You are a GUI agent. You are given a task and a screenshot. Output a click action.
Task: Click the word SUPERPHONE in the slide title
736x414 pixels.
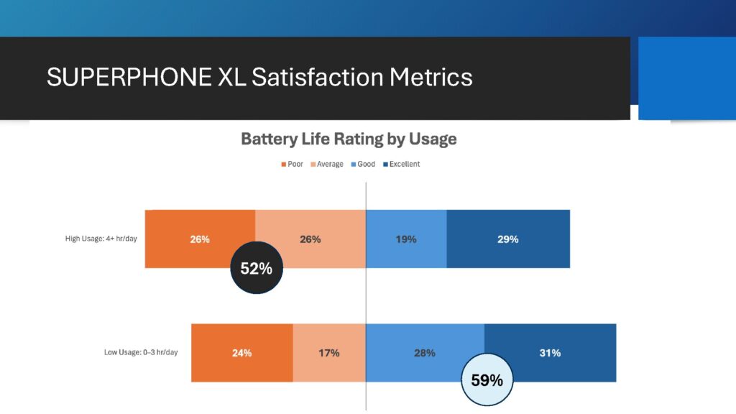coord(129,77)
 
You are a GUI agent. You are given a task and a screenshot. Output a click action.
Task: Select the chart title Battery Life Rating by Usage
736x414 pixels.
coord(349,139)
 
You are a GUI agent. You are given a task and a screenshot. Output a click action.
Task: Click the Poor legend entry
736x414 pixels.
coord(291,165)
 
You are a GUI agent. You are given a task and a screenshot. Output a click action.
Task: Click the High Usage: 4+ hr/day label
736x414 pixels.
coord(101,239)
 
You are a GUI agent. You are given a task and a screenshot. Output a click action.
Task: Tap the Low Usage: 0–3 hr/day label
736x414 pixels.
coord(141,353)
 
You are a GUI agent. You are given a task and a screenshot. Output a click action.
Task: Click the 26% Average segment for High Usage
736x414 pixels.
coord(310,239)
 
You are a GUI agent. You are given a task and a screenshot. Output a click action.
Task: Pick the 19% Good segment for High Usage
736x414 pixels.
coord(406,239)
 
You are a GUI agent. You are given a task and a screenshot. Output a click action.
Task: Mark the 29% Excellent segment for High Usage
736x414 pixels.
coord(508,239)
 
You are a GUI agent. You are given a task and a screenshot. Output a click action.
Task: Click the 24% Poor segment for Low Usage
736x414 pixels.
coord(241,353)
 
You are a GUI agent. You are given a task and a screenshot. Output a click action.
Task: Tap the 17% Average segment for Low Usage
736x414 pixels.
coord(329,353)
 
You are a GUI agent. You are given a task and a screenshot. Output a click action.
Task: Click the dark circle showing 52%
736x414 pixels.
coord(257,269)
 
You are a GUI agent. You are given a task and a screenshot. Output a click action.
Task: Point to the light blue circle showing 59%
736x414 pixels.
coord(487,379)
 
